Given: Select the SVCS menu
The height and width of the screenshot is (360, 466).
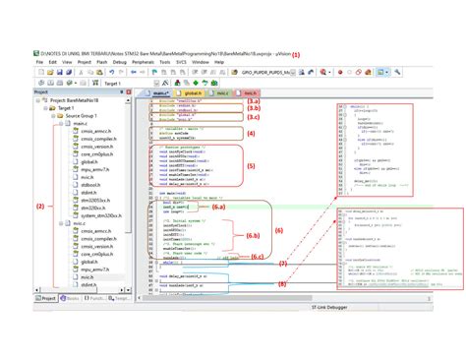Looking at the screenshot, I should (180, 61).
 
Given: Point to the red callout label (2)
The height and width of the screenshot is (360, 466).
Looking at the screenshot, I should (40, 207).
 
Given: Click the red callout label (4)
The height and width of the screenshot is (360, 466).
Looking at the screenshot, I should (250, 134).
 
